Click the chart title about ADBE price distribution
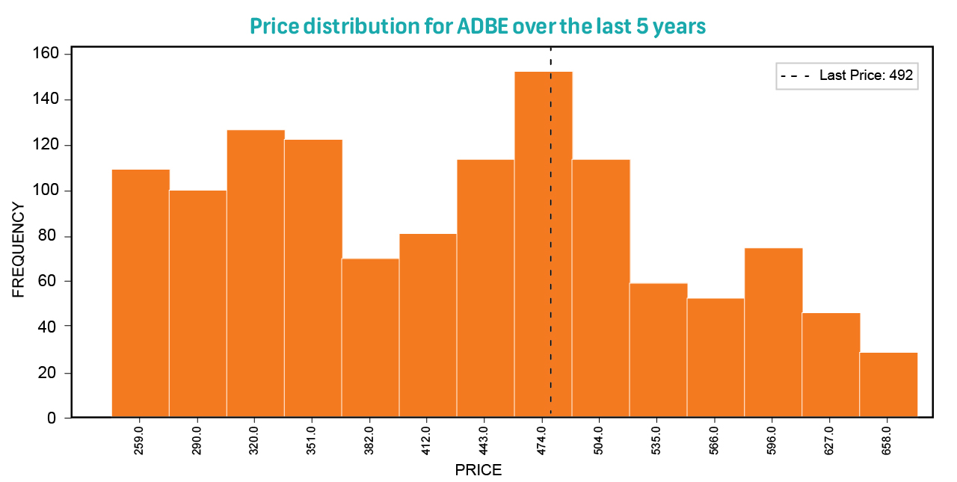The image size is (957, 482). (478, 26)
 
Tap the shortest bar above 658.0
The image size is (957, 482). (888, 385)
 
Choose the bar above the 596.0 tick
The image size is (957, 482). (773, 333)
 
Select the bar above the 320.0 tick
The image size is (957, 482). (256, 274)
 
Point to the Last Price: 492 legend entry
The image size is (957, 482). (846, 75)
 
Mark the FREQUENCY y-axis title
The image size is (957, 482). (19, 250)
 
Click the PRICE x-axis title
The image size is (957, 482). (478, 471)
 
